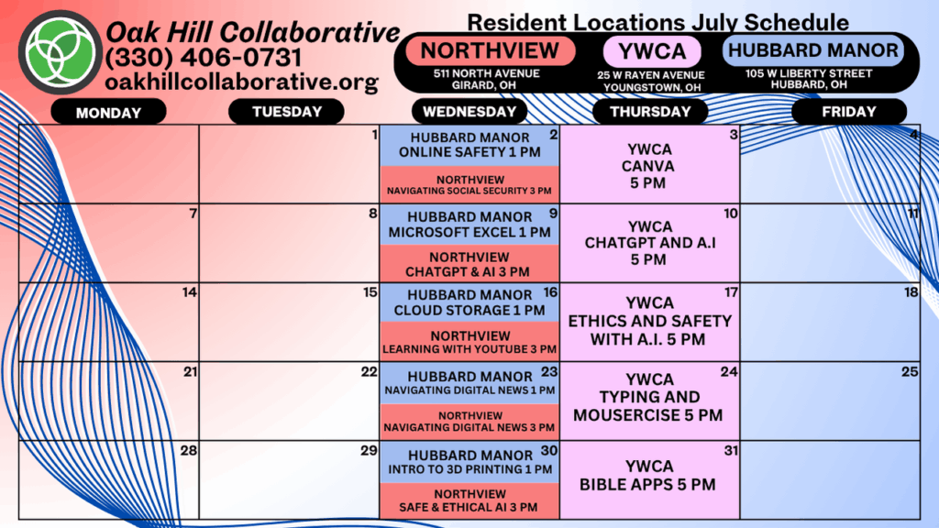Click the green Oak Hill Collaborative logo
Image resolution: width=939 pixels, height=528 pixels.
coord(60,52)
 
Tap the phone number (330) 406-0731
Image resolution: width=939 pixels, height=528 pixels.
coord(204,58)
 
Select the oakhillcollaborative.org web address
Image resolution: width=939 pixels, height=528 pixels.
coord(241,82)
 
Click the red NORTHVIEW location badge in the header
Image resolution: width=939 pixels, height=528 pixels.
coord(491,51)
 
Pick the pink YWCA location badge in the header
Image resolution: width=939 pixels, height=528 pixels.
coord(652,51)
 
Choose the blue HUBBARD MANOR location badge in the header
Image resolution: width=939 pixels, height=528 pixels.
coord(812,50)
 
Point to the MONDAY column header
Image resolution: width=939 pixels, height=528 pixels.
coord(108,112)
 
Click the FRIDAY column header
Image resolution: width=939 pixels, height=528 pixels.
coord(848,111)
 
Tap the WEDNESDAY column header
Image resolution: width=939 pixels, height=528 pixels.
coord(469,111)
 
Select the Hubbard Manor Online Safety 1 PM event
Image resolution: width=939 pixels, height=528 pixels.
coord(469,146)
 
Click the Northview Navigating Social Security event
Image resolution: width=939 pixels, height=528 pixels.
coord(469,184)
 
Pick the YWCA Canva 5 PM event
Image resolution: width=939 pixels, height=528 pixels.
coord(650,165)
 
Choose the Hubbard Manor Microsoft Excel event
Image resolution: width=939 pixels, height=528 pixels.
coord(469,225)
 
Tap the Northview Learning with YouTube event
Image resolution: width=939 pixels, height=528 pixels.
coord(469,342)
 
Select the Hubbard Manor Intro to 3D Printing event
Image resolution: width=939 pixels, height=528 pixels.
coord(469,462)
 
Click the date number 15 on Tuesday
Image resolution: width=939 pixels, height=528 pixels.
coord(370,292)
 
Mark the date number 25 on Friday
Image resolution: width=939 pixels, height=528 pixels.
coord(910,372)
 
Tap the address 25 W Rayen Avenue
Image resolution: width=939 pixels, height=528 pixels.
coord(651,75)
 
